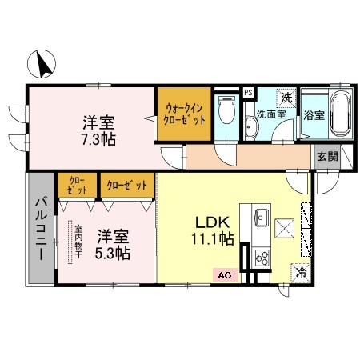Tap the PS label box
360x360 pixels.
point(248,92)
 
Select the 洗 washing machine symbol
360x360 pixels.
point(285,96)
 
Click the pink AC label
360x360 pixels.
point(224,275)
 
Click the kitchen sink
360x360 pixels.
point(261,216)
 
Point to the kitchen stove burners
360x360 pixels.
point(261,258)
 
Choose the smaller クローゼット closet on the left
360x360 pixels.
point(77,185)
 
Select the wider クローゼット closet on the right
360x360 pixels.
point(126,185)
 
